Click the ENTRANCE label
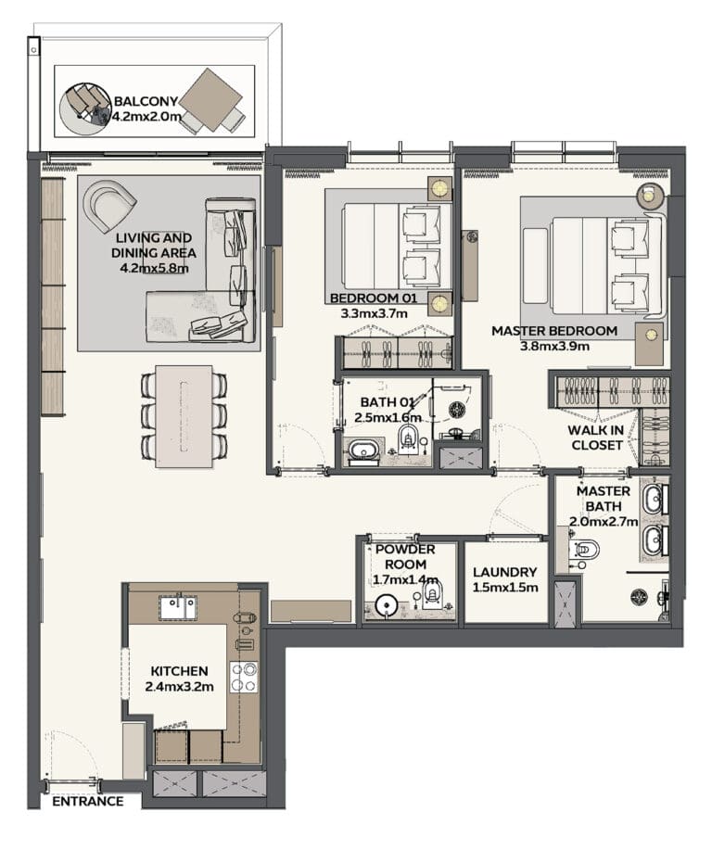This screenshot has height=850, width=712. pyautogui.click(x=88, y=801)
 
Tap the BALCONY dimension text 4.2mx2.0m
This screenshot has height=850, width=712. pyautogui.click(x=146, y=116)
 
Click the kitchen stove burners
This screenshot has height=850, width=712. pyautogui.click(x=244, y=677)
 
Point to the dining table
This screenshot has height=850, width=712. pyautogui.click(x=184, y=416)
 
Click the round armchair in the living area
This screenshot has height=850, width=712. pyautogui.click(x=108, y=207)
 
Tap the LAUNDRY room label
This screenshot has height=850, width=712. pyautogui.click(x=505, y=573)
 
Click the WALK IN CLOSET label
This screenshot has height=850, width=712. pyautogui.click(x=595, y=438)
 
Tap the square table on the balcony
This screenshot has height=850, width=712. pyautogui.click(x=210, y=100)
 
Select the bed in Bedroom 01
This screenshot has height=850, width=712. pyautogui.click(x=398, y=247)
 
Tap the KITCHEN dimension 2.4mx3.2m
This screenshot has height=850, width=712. pyautogui.click(x=180, y=687)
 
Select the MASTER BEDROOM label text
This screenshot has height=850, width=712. pyautogui.click(x=554, y=331)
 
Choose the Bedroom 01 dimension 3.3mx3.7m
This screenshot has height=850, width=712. pyautogui.click(x=375, y=313)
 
